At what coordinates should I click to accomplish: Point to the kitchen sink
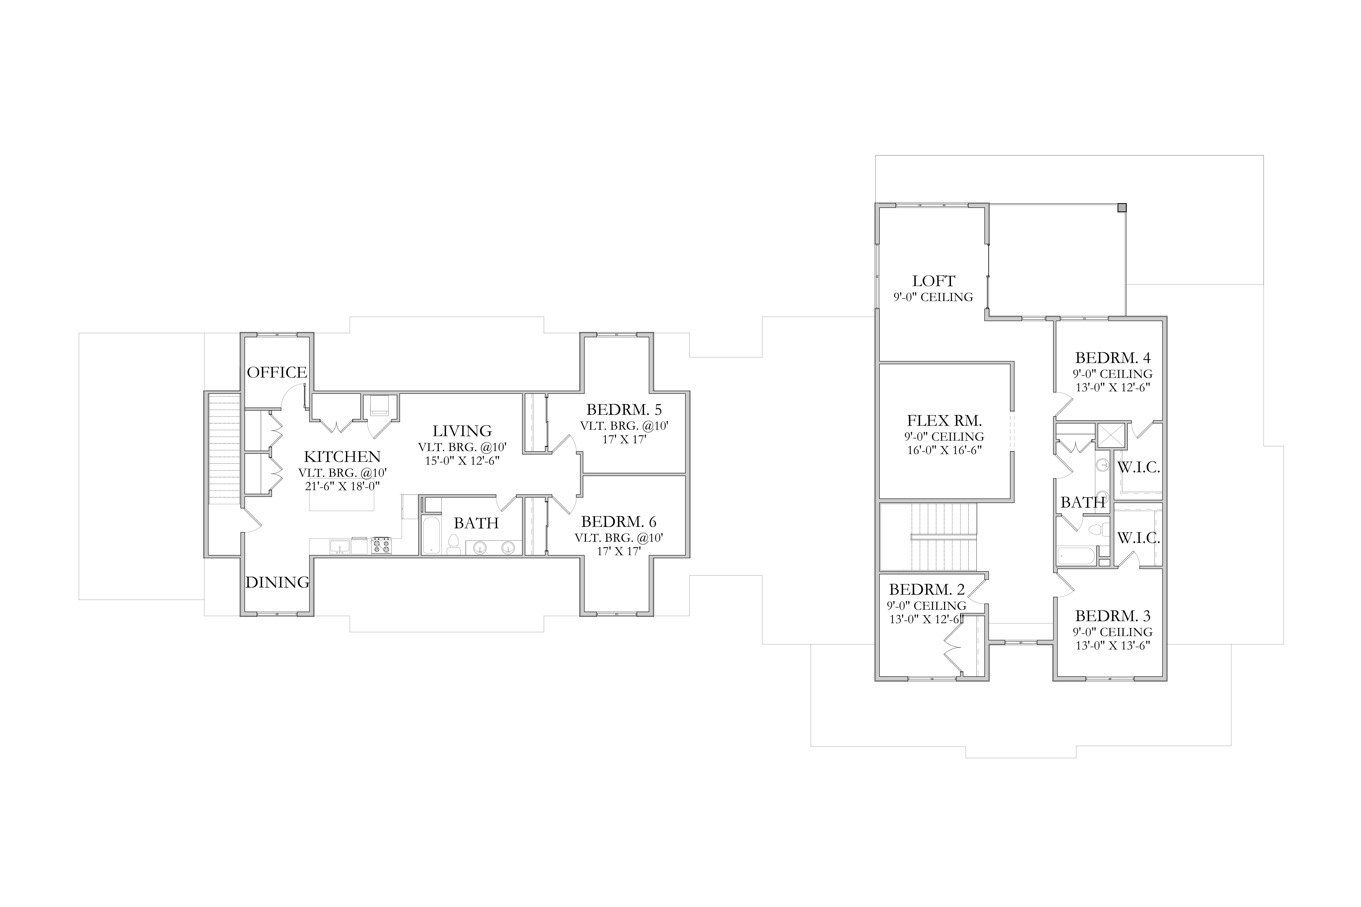pos(339,546)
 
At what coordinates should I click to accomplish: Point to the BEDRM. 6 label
pos(618,522)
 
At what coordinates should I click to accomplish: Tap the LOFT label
pos(933,281)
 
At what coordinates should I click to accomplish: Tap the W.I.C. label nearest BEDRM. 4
pos(1138,467)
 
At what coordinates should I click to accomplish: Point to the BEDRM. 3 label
pos(1113,615)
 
